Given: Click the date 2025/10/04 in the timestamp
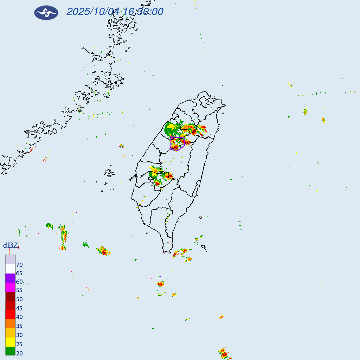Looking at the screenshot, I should (93, 12).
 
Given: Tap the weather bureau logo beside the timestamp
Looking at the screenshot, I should (46, 13).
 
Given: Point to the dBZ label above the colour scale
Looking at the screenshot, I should (11, 245).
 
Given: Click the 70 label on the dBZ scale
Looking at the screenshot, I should (19, 264).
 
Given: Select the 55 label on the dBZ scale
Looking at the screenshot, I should (19, 290).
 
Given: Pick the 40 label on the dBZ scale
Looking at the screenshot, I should (19, 317).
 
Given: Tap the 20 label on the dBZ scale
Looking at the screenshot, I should (19, 353).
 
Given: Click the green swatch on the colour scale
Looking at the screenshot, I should (10, 351).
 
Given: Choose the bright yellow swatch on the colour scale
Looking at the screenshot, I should (10, 341).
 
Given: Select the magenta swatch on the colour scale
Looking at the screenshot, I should (10, 287).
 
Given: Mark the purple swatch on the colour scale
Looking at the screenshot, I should (10, 278).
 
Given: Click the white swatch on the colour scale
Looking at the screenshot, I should (10, 269).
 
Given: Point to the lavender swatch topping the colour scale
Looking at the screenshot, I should (10, 259).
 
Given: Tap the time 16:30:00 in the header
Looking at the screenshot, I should (143, 12).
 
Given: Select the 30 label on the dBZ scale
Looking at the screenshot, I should (19, 335).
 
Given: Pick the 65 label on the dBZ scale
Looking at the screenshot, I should (19, 273).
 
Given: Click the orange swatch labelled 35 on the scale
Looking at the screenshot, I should (10, 323).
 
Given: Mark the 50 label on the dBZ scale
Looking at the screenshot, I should (19, 299).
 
